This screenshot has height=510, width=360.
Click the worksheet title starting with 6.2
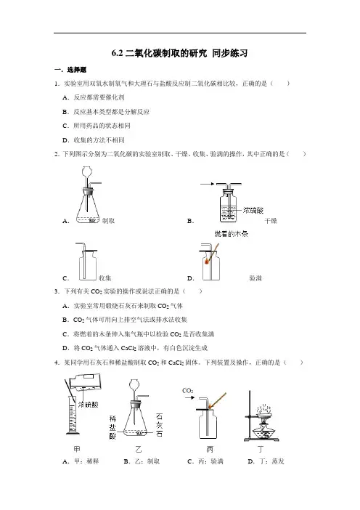(180, 53)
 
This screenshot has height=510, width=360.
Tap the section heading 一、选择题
(70, 70)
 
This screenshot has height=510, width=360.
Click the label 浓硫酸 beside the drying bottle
(253, 211)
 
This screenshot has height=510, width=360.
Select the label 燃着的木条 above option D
(231, 233)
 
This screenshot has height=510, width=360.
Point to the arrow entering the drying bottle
(207, 184)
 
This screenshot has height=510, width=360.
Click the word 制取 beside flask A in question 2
(108, 221)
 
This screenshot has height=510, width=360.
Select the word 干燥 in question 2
(271, 221)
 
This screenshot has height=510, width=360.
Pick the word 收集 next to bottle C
(105, 278)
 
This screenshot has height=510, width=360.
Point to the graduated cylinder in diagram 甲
(73, 416)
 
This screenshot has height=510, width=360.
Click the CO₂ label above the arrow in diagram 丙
(188, 391)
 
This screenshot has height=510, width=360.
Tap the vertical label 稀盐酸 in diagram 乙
(112, 427)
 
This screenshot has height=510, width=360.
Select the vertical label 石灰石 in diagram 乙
(159, 425)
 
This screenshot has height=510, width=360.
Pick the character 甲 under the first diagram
(77, 449)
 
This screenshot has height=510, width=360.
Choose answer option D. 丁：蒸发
(266, 461)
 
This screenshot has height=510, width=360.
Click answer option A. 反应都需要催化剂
(94, 97)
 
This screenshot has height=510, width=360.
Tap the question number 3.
(57, 291)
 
